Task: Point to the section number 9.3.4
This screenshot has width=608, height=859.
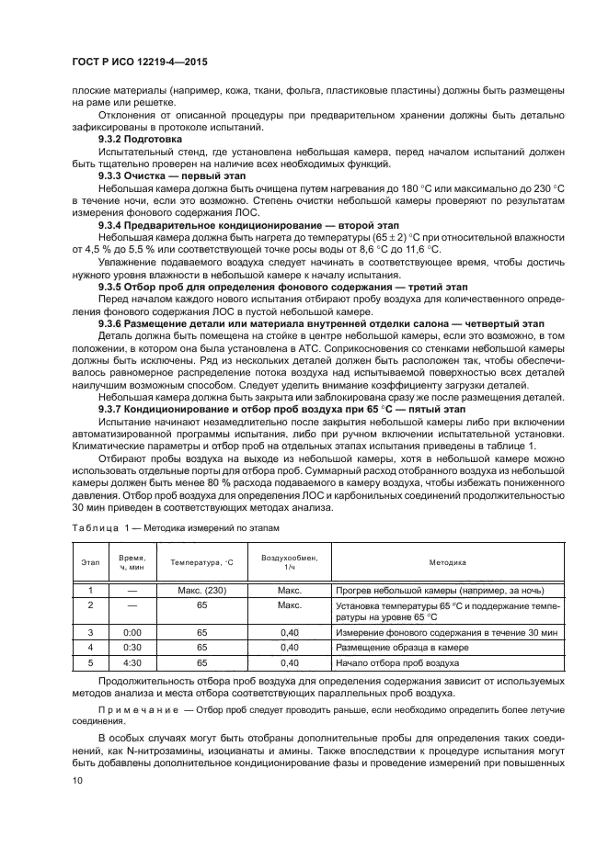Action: tap(114, 224)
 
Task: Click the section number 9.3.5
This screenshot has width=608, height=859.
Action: tap(114, 287)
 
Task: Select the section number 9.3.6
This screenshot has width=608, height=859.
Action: tap(114, 324)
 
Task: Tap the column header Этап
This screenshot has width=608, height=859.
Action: tap(90, 562)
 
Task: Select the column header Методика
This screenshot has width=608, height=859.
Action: tap(447, 562)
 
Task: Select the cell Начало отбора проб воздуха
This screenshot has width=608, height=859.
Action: tap(397, 662)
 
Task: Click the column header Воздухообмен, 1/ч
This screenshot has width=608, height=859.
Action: tap(290, 562)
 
